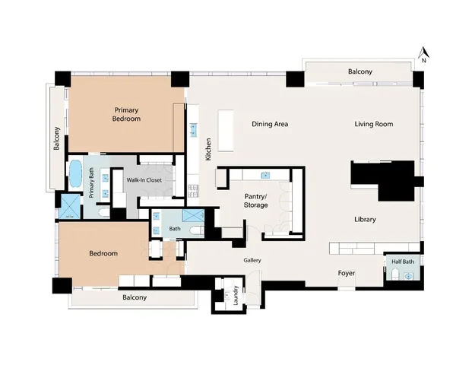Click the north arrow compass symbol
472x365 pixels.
(x=425, y=54)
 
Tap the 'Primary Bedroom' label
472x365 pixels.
(x=126, y=114)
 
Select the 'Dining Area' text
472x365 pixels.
(x=270, y=124)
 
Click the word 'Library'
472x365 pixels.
(x=365, y=220)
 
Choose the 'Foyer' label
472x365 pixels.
(x=346, y=272)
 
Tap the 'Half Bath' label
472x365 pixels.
(x=402, y=262)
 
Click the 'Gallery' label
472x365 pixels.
(x=252, y=261)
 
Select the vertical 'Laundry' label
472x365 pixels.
(x=236, y=295)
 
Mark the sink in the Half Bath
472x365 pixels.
(x=407, y=277)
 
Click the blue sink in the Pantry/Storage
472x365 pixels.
(x=265, y=175)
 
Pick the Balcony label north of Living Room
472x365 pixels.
(x=360, y=72)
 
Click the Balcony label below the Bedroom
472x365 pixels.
(x=135, y=297)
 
